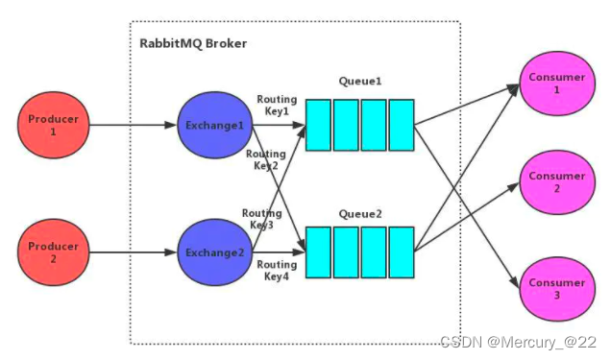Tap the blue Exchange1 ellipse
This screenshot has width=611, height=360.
(x=214, y=126)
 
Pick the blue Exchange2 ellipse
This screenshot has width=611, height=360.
(x=214, y=252)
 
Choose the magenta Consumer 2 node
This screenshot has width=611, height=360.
(x=556, y=182)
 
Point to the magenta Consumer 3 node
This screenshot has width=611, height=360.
(x=556, y=289)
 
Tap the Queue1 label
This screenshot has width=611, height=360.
(x=358, y=82)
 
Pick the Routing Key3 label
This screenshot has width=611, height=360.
(x=260, y=219)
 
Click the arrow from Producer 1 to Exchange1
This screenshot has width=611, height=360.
(x=134, y=126)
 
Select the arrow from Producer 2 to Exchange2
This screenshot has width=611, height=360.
(x=134, y=252)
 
